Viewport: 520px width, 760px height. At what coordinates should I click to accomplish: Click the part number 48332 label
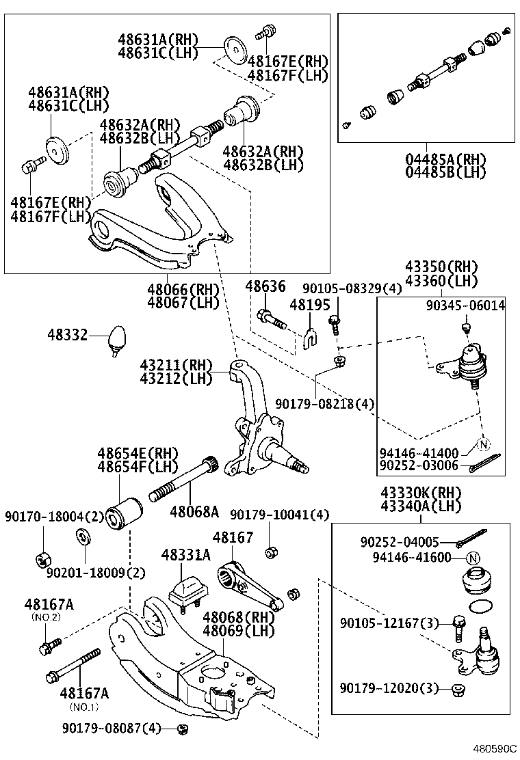68,335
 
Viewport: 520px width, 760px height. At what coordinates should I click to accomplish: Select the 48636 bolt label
265,286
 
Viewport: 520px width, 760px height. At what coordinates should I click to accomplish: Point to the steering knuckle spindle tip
301,468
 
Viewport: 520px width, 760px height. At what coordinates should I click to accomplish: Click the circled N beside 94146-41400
484,445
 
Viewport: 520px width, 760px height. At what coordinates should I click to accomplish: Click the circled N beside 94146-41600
470,557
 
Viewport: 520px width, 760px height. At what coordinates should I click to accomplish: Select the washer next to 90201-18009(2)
81,534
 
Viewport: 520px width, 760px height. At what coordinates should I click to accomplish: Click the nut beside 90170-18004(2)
41,558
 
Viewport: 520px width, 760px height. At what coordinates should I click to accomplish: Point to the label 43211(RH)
176,365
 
